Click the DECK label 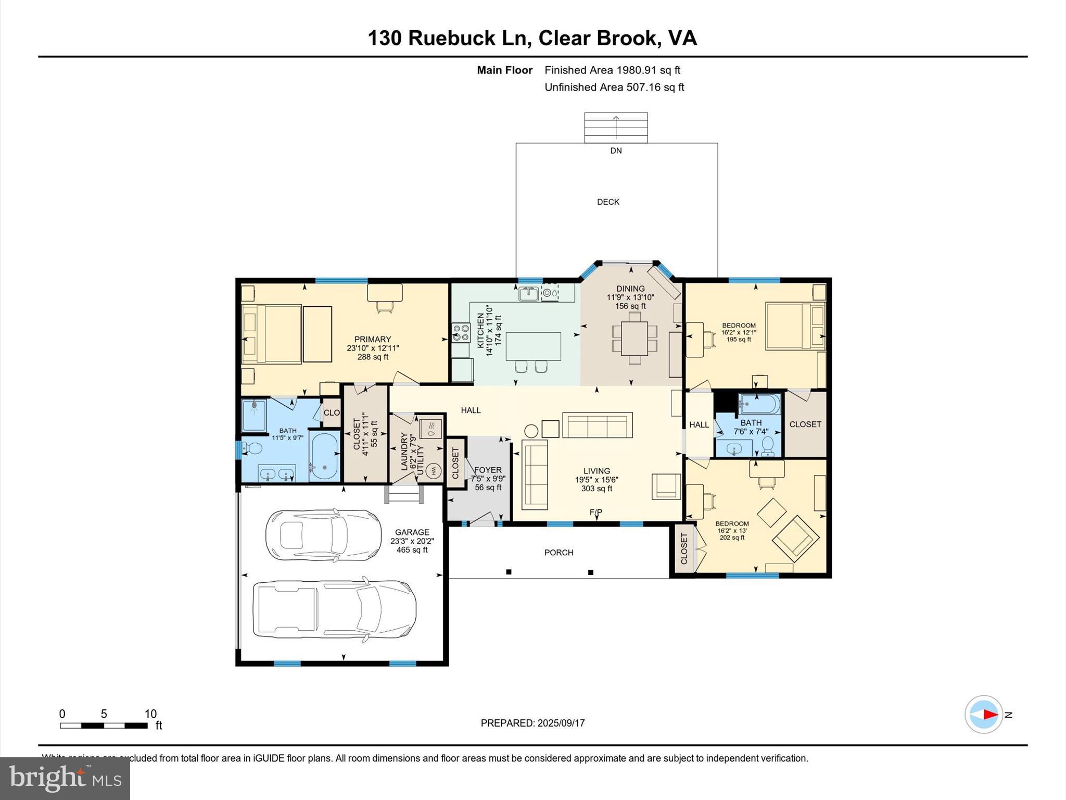coord(608,202)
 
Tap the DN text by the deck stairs coord(616,151)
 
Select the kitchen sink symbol coord(528,294)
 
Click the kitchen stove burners coord(460,333)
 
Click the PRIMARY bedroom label coord(372,340)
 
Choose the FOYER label coord(488,470)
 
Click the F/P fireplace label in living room coord(596,512)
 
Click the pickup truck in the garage coord(334,609)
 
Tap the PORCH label coord(559,553)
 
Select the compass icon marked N coord(984,715)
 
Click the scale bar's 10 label coord(150,714)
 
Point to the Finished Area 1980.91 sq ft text coord(612,70)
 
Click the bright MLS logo coord(65,778)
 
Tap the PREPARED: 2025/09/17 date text coord(532,723)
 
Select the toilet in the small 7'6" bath coord(767,446)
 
